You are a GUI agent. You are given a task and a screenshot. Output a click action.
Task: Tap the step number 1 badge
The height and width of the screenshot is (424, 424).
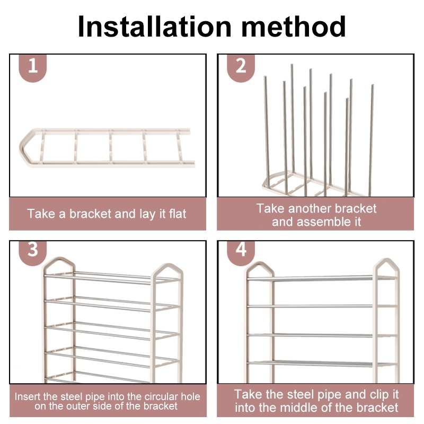33,67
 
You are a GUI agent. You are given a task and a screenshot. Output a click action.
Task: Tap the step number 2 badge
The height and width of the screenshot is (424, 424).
241,67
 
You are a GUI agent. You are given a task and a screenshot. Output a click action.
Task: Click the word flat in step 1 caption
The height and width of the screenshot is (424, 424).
178,214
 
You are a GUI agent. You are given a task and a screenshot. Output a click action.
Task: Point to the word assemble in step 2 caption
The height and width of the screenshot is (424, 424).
323,222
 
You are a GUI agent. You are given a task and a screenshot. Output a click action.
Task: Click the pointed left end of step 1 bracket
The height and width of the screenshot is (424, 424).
20,148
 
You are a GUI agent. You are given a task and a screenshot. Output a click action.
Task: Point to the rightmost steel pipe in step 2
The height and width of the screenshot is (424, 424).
371,140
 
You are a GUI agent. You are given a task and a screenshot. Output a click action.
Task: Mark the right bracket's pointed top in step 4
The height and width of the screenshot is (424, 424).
386,260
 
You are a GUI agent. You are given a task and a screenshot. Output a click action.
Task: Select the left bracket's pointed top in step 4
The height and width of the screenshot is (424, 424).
260,263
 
